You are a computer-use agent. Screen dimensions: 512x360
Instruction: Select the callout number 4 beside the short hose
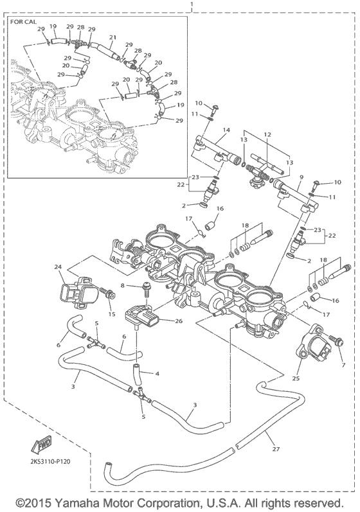[x=157, y=373]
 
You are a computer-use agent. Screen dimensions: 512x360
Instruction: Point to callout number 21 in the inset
[x=113, y=38]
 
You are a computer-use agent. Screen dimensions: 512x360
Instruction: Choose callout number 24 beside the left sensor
[x=57, y=268]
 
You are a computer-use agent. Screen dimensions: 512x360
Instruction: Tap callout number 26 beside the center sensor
[x=178, y=321]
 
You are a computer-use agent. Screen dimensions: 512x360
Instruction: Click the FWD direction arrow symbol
[x=42, y=445]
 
